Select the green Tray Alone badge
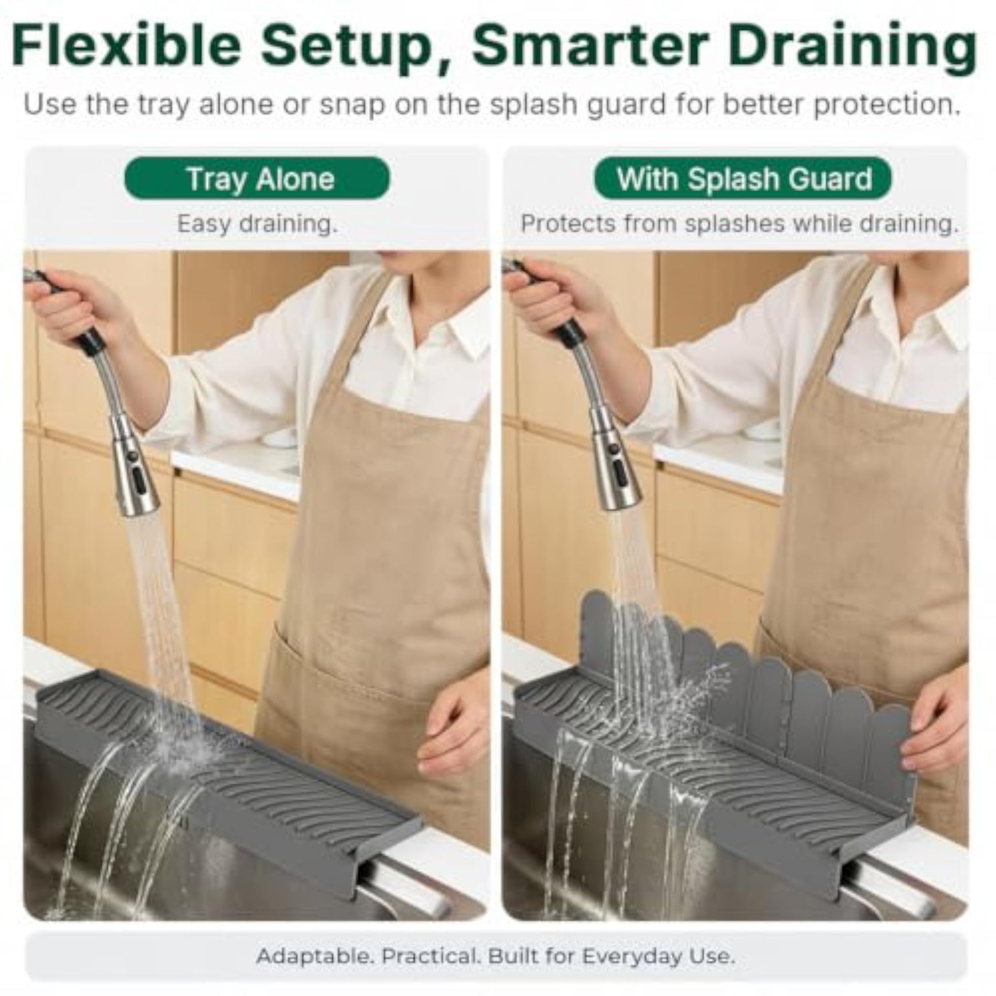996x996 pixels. (x=257, y=179)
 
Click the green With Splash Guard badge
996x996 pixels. (x=743, y=179)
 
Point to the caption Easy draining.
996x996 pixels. (x=257, y=224)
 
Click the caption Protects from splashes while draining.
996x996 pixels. (x=740, y=224)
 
